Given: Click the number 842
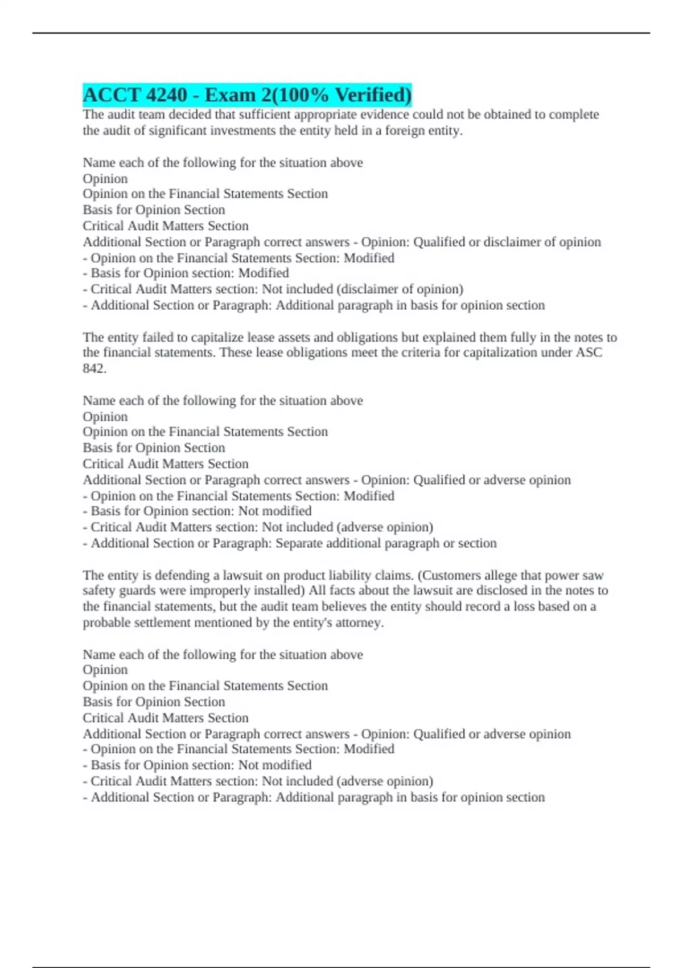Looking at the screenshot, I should [94, 368].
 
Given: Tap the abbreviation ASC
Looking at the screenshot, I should [589, 352].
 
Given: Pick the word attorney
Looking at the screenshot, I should [361, 622].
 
